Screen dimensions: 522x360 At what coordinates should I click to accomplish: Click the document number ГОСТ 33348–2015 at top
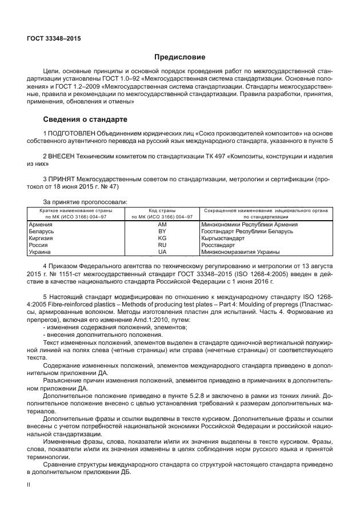(x=54, y=38)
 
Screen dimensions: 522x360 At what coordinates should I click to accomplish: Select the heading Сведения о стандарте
(x=85, y=120)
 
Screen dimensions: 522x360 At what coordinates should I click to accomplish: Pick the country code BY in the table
(x=162, y=232)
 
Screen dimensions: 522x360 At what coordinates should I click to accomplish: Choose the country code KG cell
(x=162, y=238)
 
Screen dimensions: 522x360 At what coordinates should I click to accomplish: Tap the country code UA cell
(x=162, y=252)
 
